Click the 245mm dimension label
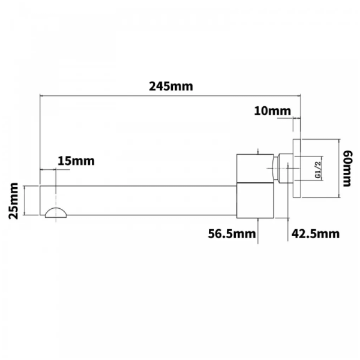(x=171, y=86)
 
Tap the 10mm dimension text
(x=272, y=111)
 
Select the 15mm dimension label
(x=76, y=161)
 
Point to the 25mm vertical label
(x=13, y=201)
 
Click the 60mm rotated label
(x=347, y=168)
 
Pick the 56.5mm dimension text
(x=232, y=234)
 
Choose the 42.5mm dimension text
(x=316, y=234)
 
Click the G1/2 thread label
(x=318, y=170)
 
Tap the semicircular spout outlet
(x=56, y=212)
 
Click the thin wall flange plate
(x=296, y=168)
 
